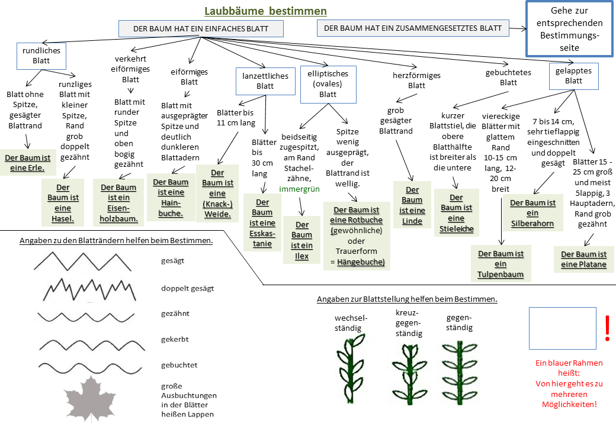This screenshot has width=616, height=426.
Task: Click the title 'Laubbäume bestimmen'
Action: [x=265, y=11]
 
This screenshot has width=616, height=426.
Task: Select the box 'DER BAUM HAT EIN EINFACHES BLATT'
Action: [x=201, y=28]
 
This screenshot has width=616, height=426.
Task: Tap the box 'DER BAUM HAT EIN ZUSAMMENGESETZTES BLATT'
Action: [x=413, y=28]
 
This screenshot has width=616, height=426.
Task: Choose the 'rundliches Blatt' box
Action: [x=41, y=56]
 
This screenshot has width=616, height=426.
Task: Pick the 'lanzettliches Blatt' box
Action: [x=265, y=81]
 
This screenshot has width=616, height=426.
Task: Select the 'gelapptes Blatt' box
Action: [x=573, y=76]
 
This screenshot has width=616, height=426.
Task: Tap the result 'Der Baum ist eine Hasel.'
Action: [x=63, y=203]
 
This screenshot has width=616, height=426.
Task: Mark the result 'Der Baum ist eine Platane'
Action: [x=583, y=259]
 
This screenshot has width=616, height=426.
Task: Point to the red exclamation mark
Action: [x=607, y=328]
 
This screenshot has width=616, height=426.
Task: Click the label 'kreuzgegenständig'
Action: [x=408, y=323]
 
